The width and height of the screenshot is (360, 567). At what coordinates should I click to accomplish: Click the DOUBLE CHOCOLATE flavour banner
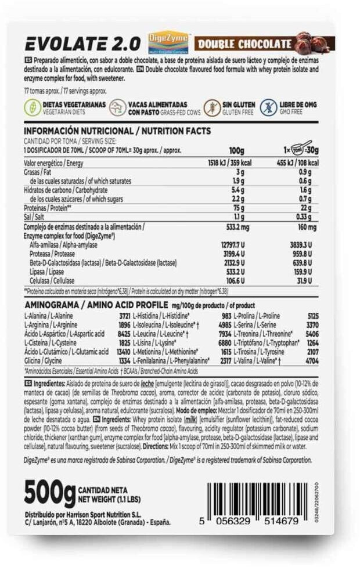click(x=244, y=44)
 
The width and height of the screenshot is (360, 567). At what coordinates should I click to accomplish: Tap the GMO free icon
click(x=269, y=107)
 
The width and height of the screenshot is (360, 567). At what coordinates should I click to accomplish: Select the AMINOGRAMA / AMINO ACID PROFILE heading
click(x=96, y=305)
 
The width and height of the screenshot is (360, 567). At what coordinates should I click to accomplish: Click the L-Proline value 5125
click(x=312, y=316)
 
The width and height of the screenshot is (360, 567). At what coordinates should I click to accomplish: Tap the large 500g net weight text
click(x=49, y=493)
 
